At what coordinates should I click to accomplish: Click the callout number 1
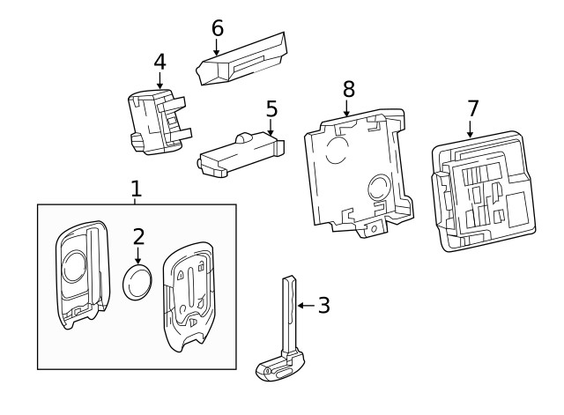click(x=136, y=188)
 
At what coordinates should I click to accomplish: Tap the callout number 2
click(x=138, y=236)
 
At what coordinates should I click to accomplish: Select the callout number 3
click(x=323, y=306)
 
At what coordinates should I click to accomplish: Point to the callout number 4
click(x=160, y=62)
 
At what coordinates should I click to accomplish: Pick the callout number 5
click(x=271, y=109)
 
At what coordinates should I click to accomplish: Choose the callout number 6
click(x=218, y=27)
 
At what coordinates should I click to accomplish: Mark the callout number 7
click(x=472, y=108)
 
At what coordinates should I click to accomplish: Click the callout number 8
click(x=348, y=88)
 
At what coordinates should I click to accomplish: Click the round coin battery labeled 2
click(x=138, y=284)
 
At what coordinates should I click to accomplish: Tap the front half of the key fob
click(x=82, y=275)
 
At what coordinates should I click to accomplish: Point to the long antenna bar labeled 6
click(x=242, y=60)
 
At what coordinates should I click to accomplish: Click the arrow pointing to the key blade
click(x=305, y=306)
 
